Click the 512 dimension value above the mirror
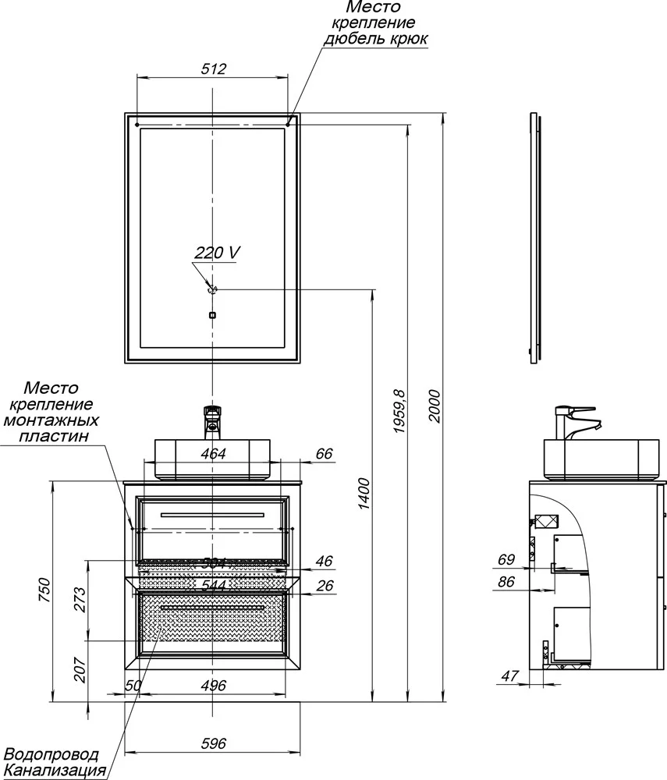(x=213, y=69)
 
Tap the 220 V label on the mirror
(x=217, y=253)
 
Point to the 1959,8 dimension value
(x=399, y=411)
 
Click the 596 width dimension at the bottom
(x=213, y=743)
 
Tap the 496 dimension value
(x=213, y=686)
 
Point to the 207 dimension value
(x=80, y=668)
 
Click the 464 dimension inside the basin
(x=213, y=453)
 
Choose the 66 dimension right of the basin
(x=324, y=453)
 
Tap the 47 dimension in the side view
(x=508, y=675)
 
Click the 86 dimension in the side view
(x=507, y=581)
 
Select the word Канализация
(x=55, y=771)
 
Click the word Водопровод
(x=51, y=754)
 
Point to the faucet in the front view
(x=212, y=420)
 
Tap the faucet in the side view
(x=577, y=421)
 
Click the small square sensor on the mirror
(x=212, y=316)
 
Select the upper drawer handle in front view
(x=212, y=515)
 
